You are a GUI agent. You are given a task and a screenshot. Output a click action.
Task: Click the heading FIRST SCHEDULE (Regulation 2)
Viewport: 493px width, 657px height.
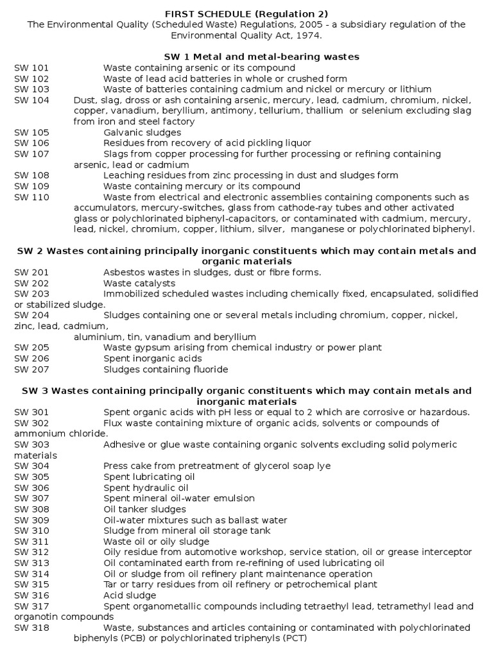click(x=246, y=14)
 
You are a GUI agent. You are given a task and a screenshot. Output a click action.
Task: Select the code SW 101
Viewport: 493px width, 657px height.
click(x=31, y=68)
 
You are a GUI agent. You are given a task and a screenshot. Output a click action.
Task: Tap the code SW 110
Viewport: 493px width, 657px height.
click(x=31, y=197)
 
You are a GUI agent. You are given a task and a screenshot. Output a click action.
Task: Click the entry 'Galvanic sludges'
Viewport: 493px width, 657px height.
click(x=142, y=132)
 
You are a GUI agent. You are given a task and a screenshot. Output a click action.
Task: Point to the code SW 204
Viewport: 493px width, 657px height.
click(x=31, y=315)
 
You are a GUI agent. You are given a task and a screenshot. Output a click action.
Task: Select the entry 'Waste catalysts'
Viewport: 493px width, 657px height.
click(x=139, y=283)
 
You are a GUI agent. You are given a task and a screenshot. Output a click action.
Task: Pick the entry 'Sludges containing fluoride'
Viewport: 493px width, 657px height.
click(x=166, y=369)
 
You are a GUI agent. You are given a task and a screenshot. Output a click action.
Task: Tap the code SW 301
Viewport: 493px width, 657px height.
click(x=31, y=412)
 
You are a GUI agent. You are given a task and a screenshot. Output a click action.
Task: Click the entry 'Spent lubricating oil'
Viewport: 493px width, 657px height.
click(x=149, y=477)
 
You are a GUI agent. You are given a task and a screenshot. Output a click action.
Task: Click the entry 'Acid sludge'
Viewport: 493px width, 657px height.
click(x=128, y=595)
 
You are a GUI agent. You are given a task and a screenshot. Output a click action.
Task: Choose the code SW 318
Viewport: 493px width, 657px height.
click(x=31, y=627)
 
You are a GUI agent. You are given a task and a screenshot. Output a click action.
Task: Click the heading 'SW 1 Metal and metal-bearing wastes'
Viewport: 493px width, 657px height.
click(x=246, y=57)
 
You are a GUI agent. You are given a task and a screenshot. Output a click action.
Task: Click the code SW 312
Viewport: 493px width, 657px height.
click(x=31, y=552)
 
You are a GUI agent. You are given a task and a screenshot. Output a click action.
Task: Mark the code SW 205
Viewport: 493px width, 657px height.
click(x=31, y=347)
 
